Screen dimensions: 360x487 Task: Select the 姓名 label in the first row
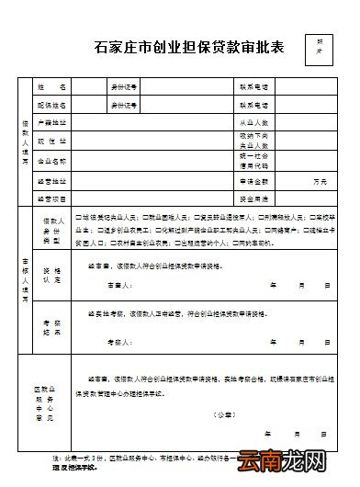52,86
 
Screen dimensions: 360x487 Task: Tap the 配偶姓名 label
52,105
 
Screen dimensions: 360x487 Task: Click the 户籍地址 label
52,122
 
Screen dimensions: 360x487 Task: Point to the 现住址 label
52,141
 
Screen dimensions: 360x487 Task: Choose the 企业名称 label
52,160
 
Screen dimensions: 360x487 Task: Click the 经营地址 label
52,180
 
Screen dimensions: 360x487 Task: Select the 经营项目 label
52,198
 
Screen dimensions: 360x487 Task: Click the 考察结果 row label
52,326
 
